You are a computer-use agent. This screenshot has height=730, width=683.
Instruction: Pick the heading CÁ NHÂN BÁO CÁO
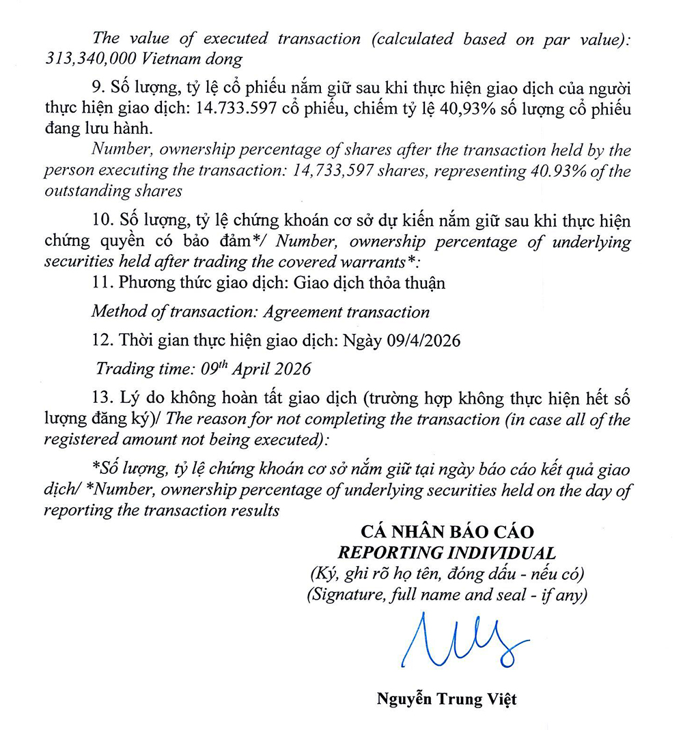tap(447, 531)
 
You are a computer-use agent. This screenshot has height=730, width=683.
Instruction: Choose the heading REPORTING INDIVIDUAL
tap(447, 552)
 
